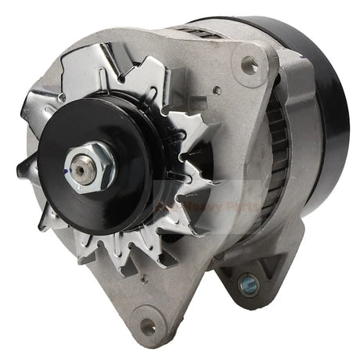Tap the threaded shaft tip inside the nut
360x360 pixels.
coord(80,165)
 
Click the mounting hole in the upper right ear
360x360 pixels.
coord(250,66)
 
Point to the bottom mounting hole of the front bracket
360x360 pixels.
coord(147,320)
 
